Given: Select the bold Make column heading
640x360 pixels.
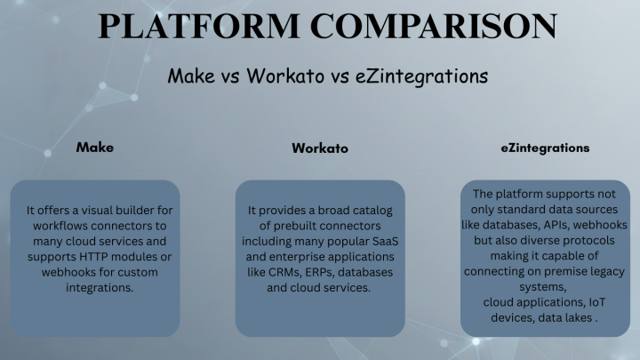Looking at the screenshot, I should (x=94, y=147).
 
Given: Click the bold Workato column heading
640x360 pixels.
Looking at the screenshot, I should (x=320, y=148).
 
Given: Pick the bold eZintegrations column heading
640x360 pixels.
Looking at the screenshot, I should (x=545, y=147).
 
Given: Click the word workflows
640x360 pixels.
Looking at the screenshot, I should (x=65, y=226).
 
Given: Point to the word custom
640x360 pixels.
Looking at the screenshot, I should (x=138, y=272).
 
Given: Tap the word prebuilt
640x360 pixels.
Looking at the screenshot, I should (x=290, y=226).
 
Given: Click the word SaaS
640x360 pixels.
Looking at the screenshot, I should (x=384, y=242).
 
